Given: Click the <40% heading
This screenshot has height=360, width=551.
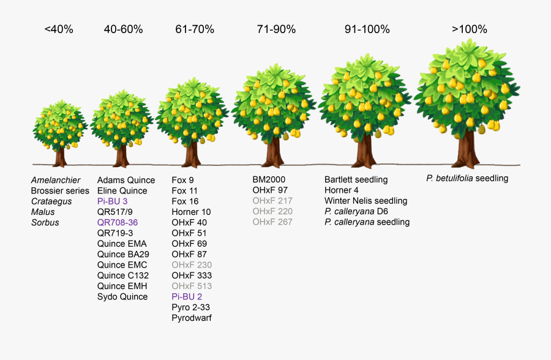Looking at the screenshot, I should [59, 29].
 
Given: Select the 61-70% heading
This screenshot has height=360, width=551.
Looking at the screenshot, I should [195, 29].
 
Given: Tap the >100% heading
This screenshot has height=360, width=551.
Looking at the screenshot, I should [470, 29].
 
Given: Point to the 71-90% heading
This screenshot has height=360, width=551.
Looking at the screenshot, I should [276, 29].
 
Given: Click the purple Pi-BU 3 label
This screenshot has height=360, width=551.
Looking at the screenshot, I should [112, 201].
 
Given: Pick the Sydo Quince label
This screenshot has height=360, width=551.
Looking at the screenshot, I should [122, 297].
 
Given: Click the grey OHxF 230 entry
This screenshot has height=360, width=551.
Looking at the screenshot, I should [192, 265].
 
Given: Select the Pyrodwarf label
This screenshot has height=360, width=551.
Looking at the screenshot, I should [192, 318].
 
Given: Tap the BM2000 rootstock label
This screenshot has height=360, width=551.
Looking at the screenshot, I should [269, 179].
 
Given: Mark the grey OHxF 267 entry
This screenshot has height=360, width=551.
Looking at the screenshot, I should [272, 222].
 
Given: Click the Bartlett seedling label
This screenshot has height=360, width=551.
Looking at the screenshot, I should [356, 179].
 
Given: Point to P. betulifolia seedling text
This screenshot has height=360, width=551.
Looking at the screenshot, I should [467, 178].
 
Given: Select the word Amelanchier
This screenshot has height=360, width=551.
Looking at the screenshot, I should [56, 180].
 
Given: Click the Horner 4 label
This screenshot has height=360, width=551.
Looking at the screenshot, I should [342, 190].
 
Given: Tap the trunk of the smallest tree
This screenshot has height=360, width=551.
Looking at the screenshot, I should [60, 157].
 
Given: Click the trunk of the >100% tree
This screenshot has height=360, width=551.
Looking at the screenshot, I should [468, 150].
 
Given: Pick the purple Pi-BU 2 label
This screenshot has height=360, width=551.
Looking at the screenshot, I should [187, 297].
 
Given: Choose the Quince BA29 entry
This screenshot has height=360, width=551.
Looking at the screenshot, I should [123, 254].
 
